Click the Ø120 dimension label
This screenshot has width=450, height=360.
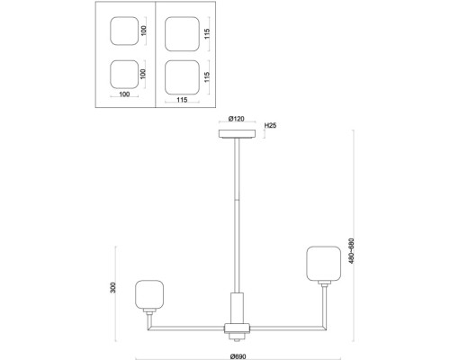[x=237, y=119]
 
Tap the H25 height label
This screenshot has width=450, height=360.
[x=270, y=125]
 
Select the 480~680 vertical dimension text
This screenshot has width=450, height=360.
[x=351, y=251]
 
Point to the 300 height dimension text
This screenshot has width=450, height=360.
[x=112, y=288]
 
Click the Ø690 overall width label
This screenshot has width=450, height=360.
[x=238, y=356]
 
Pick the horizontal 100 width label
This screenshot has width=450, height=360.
[x=124, y=94]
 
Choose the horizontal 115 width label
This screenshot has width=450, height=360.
[x=182, y=100]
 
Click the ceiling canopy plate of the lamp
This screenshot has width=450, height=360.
[x=237, y=134]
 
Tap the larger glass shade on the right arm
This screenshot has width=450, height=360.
[x=323, y=264]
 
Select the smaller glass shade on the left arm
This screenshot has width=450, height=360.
[x=149, y=294]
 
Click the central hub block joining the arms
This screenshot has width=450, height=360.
[x=237, y=328]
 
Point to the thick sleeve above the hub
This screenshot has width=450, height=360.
[x=237, y=308]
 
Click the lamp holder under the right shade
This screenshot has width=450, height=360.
[x=324, y=283]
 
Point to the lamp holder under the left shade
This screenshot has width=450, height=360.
[x=149, y=310]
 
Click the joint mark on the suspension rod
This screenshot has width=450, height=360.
[x=237, y=201]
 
